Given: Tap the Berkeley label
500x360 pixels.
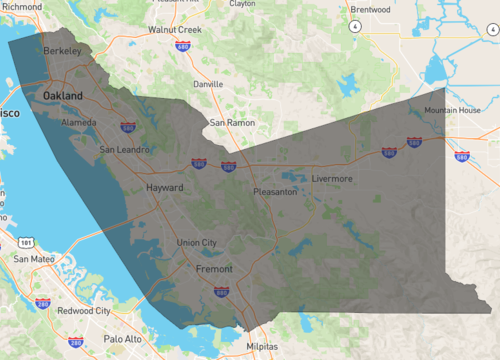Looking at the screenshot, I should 62,49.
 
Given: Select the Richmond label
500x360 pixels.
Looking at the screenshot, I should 23,6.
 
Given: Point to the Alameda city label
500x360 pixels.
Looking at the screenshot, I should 80,122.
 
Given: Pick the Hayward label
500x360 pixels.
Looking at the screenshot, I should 165,187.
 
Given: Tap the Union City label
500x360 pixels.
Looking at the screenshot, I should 196,243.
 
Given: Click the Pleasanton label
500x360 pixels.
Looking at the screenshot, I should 275,190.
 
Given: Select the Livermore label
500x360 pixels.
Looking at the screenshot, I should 333,178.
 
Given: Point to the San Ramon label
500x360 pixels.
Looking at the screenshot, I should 232,123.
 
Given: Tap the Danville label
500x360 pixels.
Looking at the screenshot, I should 208,85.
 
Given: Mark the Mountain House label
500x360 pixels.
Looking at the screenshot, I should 452,110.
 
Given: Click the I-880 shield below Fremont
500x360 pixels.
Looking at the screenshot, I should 221,292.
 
